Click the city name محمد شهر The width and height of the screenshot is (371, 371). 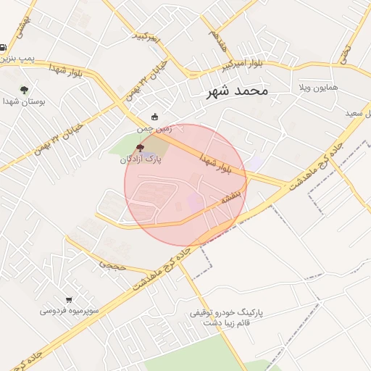point(236,91)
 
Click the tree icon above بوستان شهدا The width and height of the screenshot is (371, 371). point(25,90)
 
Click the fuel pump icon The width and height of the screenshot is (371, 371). point(3,47)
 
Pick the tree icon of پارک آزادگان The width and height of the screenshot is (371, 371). point(140,147)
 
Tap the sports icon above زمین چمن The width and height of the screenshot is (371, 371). point(154,117)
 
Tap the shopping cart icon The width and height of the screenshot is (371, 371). point(69,299)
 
